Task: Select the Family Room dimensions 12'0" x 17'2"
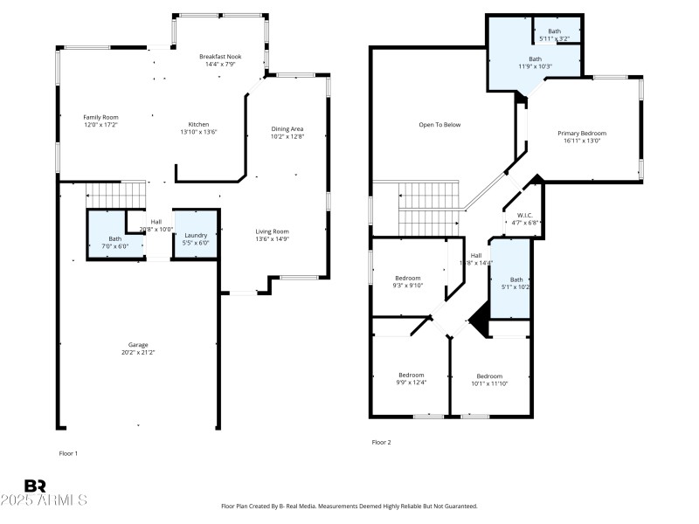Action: (100, 125)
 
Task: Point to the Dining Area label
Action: (287, 129)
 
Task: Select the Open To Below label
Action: (439, 125)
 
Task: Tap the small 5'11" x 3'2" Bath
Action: (555, 35)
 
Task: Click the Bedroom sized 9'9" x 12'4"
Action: (411, 378)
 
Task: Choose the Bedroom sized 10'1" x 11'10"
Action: (489, 380)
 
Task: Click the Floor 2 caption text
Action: (382, 442)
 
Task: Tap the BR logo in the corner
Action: (35, 486)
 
